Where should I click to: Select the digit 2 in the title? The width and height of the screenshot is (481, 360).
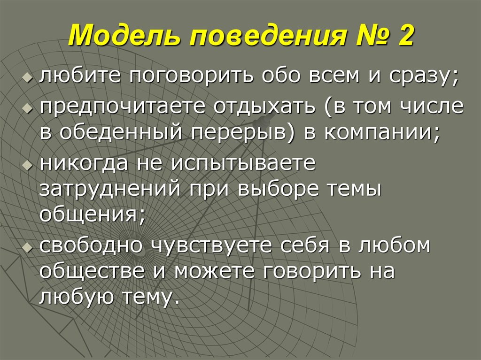pos(404,37)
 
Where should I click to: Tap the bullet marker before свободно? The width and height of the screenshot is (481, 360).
pos(29,246)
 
